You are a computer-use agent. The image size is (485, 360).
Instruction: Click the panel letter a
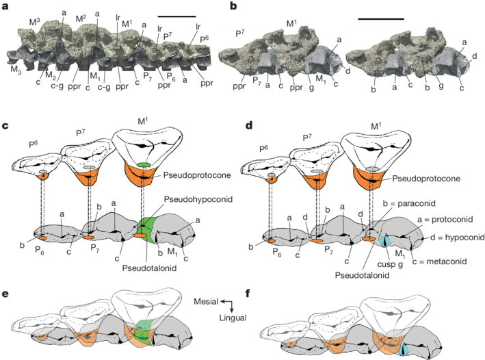6,7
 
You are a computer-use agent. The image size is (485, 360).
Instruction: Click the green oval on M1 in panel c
144,166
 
